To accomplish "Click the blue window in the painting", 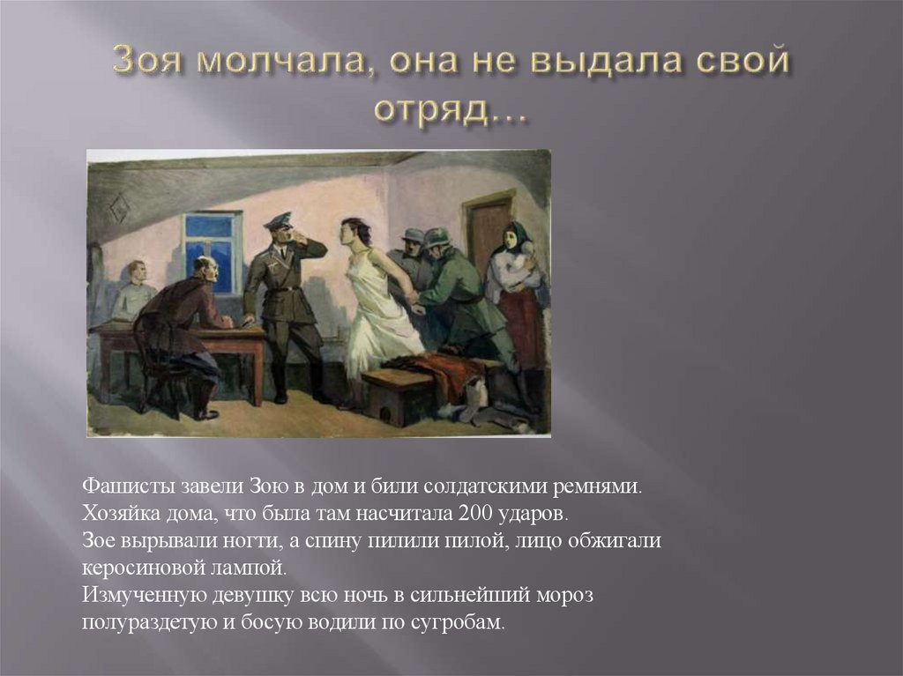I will click(212, 250).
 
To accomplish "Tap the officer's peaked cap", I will click(278, 220).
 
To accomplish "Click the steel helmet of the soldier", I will click(437, 237).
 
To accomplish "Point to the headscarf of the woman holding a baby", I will click(517, 236).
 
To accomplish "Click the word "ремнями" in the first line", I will click(601, 487).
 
